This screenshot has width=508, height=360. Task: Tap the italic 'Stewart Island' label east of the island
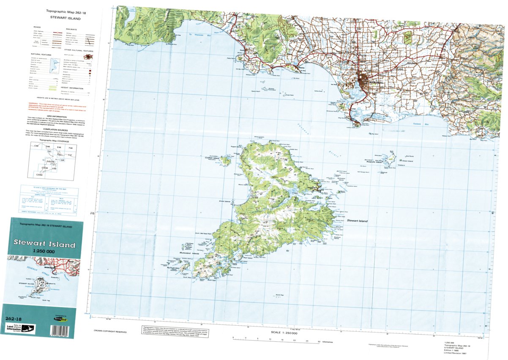357,221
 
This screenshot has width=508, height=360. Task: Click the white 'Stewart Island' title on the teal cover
44,244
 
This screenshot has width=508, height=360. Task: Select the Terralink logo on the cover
60,322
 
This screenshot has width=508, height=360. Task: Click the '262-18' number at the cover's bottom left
12,319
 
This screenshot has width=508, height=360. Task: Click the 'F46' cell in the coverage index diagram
70,148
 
